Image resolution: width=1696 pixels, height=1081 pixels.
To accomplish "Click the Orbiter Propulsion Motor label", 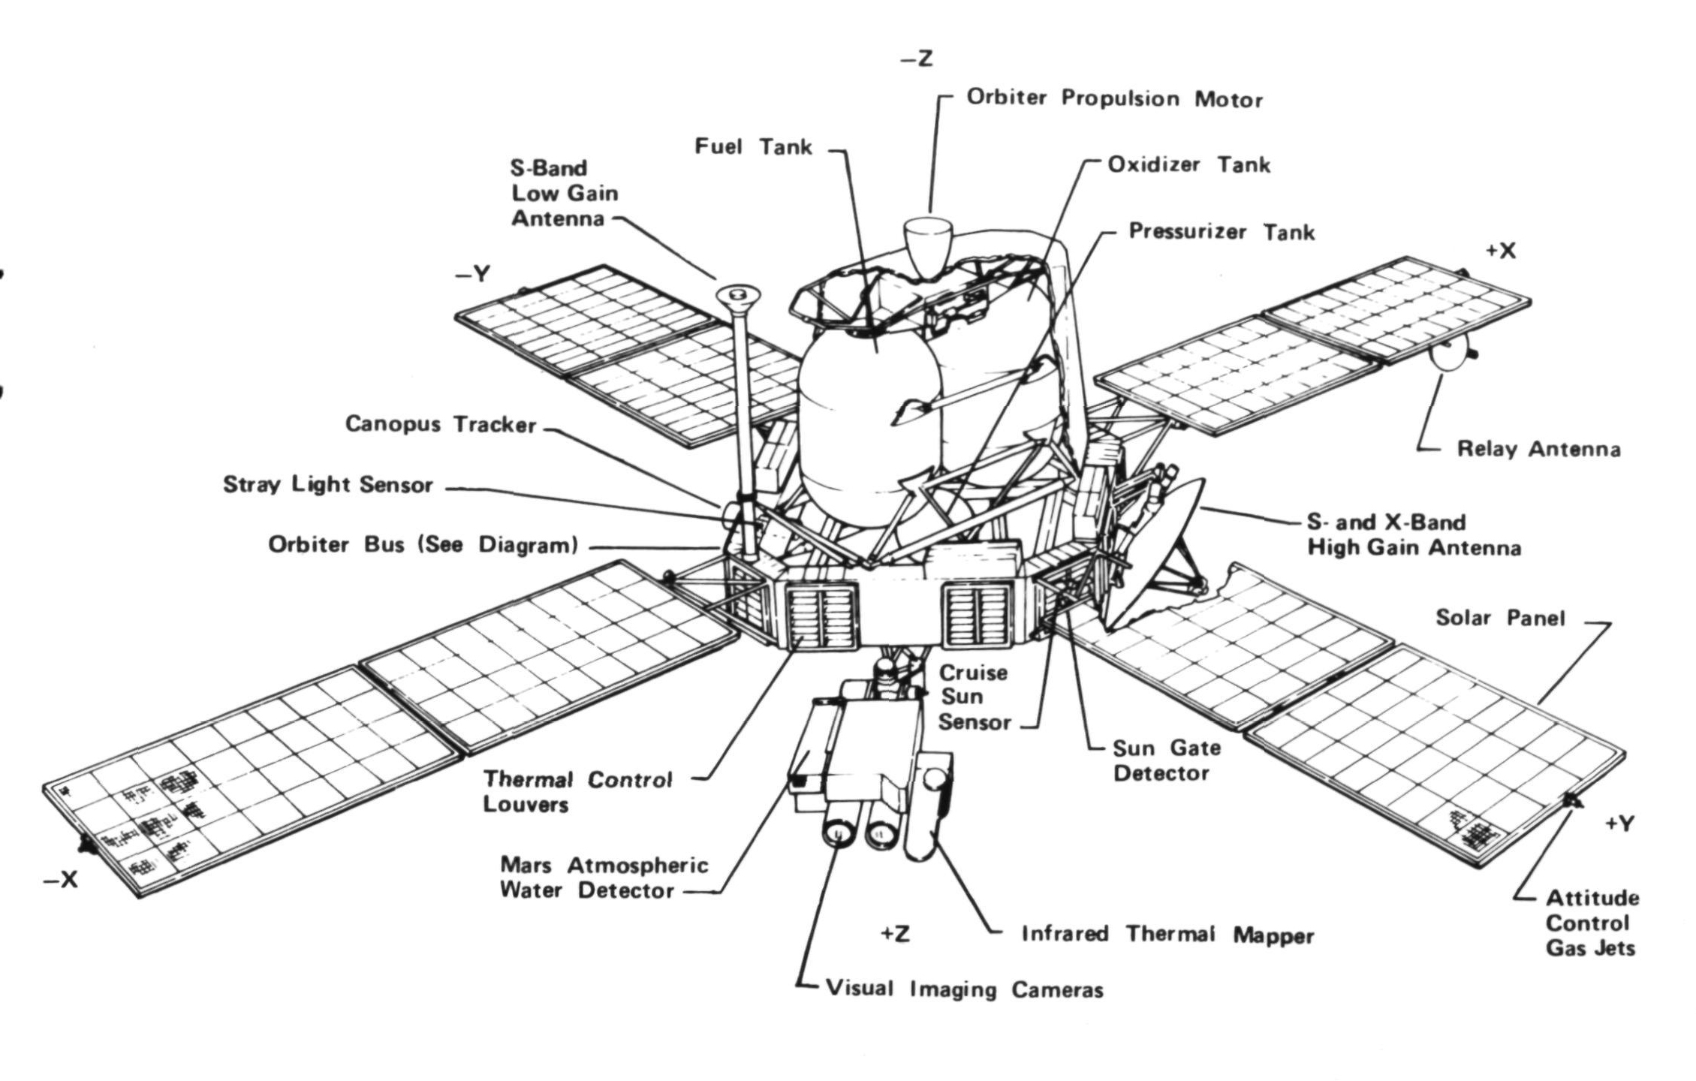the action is tap(1114, 98).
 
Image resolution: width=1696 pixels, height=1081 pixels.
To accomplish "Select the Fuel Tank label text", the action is tap(753, 146).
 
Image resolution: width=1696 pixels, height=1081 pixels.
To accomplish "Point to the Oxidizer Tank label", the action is tap(1189, 164).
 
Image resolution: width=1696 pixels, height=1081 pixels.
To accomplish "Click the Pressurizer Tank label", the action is tap(1222, 231).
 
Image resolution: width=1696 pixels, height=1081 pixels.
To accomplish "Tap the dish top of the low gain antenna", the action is tap(737, 297).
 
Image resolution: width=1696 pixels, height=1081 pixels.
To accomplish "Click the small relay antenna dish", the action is tap(1452, 353).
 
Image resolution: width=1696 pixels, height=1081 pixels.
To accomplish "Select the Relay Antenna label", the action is tap(1538, 449).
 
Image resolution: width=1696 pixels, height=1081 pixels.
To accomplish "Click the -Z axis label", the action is tap(917, 59).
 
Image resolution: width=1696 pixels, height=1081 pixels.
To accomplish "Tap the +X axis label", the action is tap(1501, 251).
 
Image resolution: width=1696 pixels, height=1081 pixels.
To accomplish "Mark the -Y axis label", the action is tap(472, 274).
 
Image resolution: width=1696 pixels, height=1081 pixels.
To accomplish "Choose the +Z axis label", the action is tap(895, 933).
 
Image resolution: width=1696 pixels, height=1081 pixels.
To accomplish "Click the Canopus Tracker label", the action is tap(441, 424).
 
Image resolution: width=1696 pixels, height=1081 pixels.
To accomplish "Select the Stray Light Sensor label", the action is tap(328, 484).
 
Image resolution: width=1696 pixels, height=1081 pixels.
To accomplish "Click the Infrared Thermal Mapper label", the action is tap(1167, 935).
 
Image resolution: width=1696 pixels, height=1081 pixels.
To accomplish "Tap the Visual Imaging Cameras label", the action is tap(965, 989).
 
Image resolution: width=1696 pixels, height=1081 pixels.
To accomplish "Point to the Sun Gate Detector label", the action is tap(1167, 760).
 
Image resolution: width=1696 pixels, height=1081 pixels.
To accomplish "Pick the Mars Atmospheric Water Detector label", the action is tap(604, 878).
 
